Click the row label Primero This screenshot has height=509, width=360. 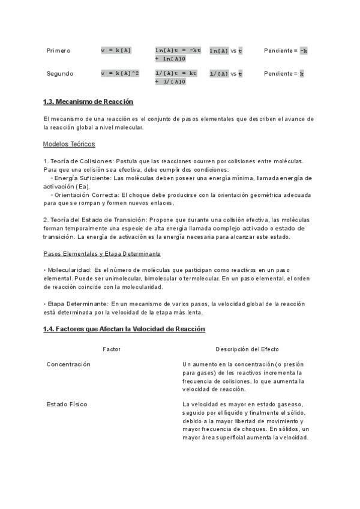[59, 50]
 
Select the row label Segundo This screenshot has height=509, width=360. [60, 73]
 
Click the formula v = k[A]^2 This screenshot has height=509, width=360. [120, 73]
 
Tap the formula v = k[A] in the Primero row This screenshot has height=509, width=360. [116, 50]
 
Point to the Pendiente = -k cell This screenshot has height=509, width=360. [286, 50]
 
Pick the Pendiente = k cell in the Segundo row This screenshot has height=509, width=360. [284, 73]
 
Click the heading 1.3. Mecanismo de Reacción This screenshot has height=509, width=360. [88, 101]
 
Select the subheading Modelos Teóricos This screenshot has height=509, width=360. [69, 144]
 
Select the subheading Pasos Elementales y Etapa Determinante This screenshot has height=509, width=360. [102, 253]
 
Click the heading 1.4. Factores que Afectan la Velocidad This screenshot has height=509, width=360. [124, 329]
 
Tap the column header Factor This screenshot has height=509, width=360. [112, 349]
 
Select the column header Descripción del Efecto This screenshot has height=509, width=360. [247, 349]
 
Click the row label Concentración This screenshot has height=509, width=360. [68, 364]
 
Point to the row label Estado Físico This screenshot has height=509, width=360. [67, 404]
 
